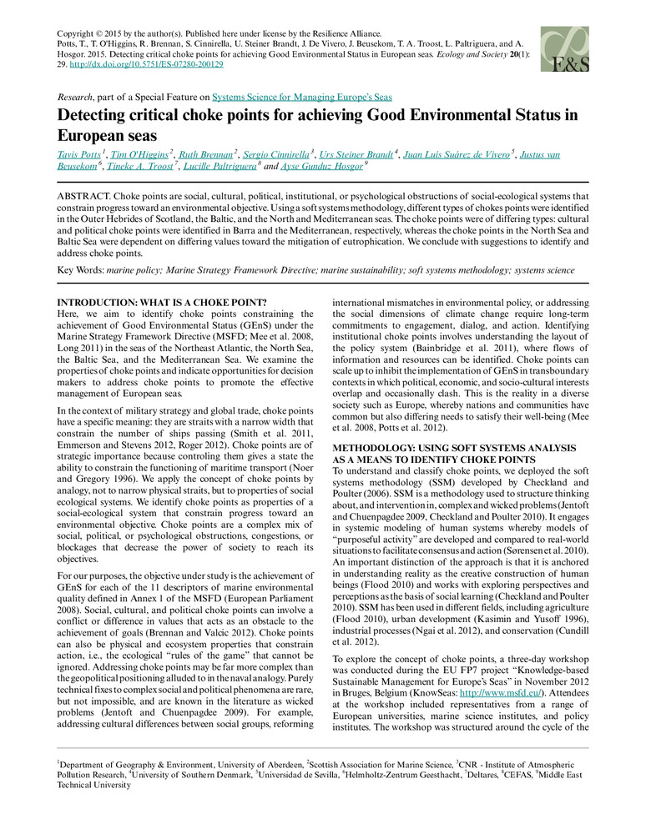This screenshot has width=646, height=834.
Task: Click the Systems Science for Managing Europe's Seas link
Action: point(302,97)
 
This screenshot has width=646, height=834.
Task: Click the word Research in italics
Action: point(72,97)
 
